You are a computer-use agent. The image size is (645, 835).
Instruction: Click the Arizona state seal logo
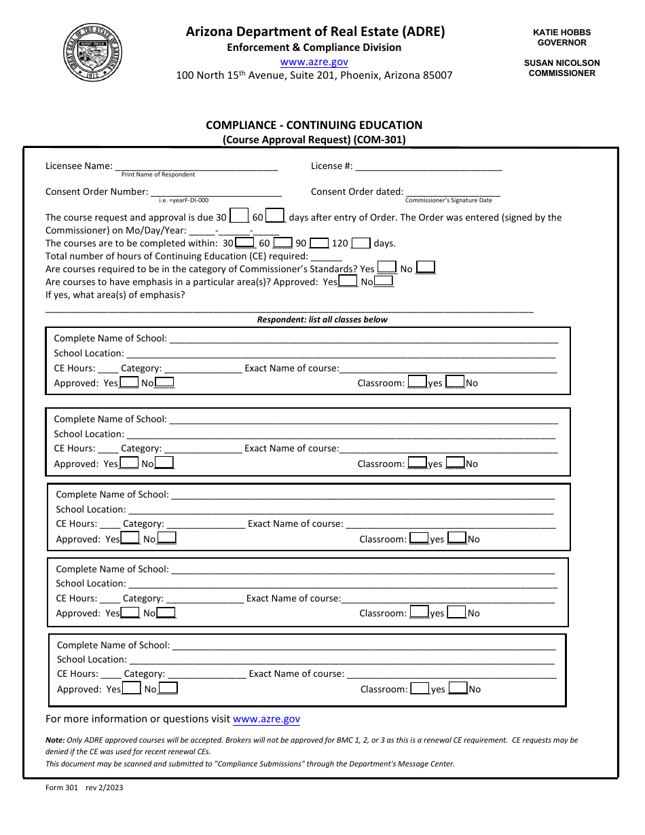click(93, 52)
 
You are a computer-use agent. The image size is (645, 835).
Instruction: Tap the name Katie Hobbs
click(561, 33)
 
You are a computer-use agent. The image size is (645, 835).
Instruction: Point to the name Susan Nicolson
click(561, 62)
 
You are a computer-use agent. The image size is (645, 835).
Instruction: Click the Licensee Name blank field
click(196, 166)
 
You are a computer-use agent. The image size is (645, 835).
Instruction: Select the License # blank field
click(428, 166)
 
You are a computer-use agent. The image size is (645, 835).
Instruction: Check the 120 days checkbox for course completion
click(361, 242)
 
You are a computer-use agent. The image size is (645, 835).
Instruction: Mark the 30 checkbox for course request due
click(239, 217)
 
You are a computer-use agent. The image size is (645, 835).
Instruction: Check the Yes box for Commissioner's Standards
click(387, 267)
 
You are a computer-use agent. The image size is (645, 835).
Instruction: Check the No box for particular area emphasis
click(384, 281)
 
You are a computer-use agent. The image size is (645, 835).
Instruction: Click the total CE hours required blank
click(327, 256)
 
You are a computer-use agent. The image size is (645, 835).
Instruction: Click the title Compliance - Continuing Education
click(314, 125)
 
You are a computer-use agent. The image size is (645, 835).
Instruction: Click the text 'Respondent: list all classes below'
click(322, 320)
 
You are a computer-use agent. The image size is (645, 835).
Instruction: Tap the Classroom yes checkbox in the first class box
click(418, 382)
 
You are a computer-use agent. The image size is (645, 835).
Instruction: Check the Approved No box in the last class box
click(168, 688)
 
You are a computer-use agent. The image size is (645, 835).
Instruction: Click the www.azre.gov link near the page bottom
click(266, 719)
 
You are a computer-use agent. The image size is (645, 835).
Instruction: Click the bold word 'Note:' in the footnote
click(55, 740)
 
